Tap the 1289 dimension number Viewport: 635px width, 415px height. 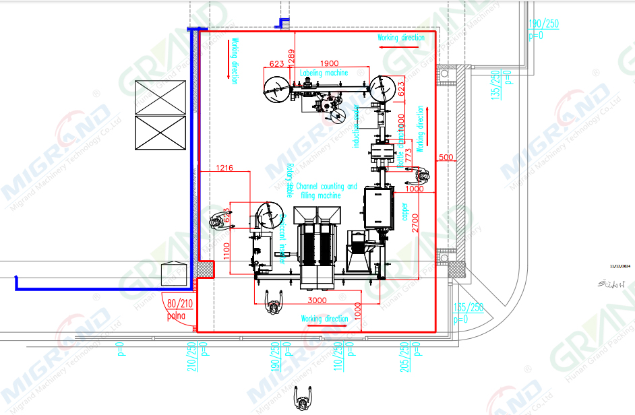point(291,58)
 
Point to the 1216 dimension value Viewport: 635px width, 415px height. point(224,167)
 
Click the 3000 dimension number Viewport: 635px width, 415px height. point(317,300)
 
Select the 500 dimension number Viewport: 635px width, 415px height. point(446,158)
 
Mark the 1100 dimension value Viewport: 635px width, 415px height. point(227,251)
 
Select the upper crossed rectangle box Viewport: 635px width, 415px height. point(160,97)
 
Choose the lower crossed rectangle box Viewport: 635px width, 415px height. point(160,133)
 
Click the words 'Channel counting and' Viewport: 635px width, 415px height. point(326,187)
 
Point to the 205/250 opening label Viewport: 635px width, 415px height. point(405,356)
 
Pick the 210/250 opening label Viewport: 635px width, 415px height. point(191,356)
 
